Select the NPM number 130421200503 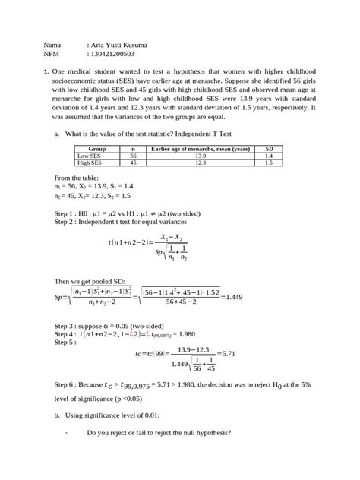click(x=113, y=55)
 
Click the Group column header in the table click(x=97, y=149)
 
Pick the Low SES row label click(x=90, y=156)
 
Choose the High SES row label click(x=90, y=163)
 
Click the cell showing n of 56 click(x=132, y=156)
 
